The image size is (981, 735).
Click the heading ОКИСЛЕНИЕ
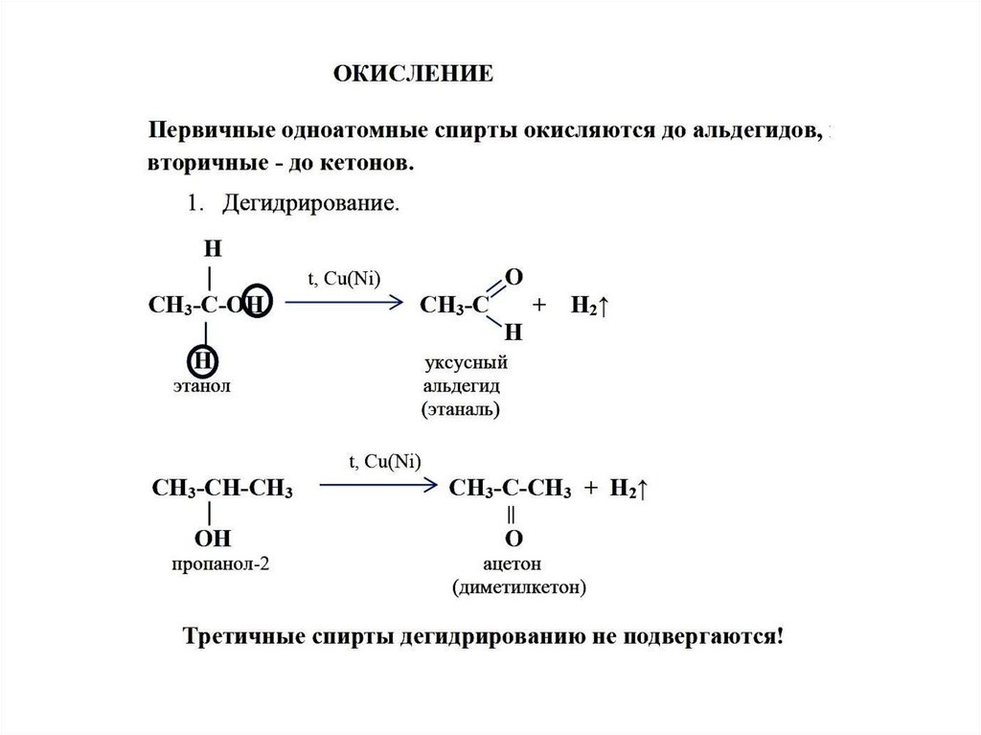point(413,74)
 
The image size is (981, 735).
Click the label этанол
point(202,385)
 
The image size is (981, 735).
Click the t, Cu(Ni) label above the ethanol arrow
point(343,278)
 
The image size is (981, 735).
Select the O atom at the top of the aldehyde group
point(513,277)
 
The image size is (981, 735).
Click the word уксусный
point(465,363)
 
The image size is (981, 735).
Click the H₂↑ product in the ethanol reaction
point(591,306)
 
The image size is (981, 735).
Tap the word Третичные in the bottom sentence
point(244,636)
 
